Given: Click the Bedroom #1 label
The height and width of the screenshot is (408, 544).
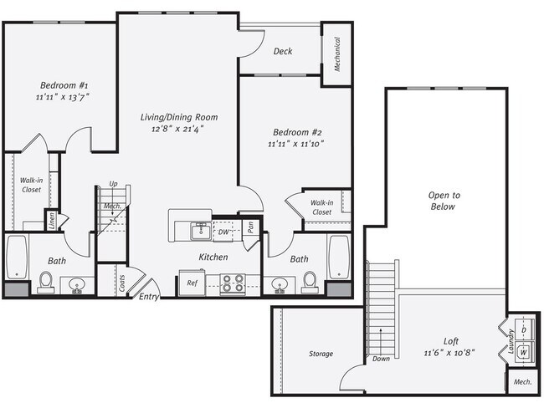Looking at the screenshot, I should point(64,85).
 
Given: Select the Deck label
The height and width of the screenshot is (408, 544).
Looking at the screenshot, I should point(283,51).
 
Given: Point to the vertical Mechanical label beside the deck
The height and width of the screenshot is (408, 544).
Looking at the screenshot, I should point(336,54).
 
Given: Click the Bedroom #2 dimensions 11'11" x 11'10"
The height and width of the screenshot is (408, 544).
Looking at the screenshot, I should point(295,144).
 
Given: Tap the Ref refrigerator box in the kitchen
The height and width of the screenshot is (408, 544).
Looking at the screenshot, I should point(192,283).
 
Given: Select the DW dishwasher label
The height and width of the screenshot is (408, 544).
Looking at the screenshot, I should point(223,232).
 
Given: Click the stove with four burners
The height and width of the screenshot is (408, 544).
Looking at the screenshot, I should point(232,283).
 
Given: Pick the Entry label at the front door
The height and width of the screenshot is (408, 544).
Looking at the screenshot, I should point(149,296).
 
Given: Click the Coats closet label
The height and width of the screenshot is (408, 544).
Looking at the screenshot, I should point(122,283).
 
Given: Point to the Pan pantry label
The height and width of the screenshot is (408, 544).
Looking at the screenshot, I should point(250,227).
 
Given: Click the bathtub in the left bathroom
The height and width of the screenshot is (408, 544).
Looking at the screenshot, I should point(17,256).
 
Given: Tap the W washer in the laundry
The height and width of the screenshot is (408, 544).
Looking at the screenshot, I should point(524,351).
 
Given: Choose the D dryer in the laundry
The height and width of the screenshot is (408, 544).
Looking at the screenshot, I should point(524,329).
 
